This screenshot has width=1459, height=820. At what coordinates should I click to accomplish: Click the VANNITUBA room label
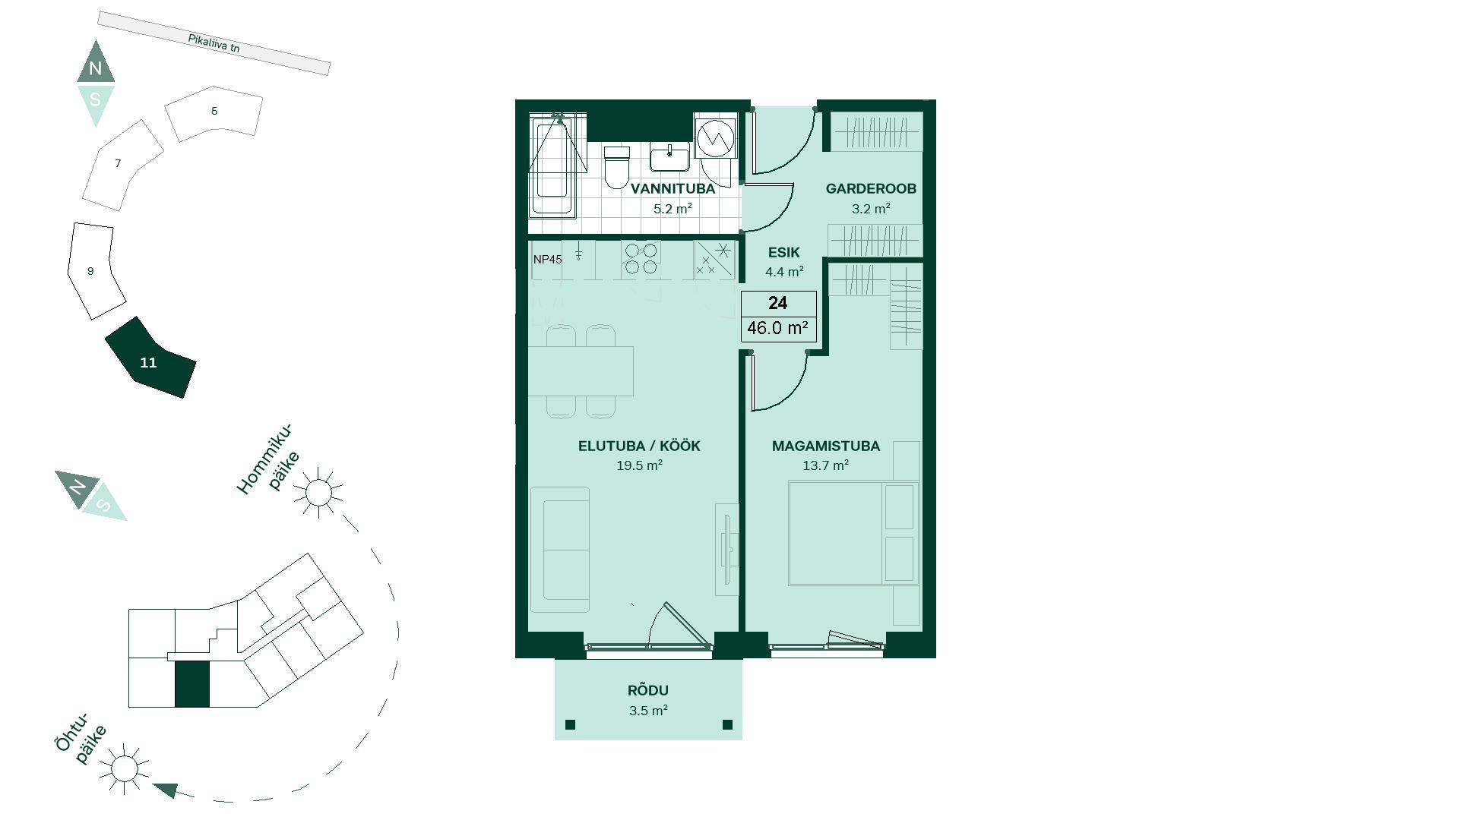673,188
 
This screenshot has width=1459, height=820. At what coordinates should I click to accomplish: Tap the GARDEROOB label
871,188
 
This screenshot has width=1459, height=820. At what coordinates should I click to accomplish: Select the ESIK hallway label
783,253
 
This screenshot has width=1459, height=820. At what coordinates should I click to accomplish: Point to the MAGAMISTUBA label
826,446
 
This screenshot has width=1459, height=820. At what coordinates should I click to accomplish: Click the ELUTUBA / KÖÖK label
639,446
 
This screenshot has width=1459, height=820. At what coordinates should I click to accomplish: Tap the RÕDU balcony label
648,690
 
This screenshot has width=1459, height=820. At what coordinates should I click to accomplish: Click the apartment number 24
777,304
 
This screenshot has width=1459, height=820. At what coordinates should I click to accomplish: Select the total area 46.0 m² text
777,328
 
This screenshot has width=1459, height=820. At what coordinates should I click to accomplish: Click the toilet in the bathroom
617,167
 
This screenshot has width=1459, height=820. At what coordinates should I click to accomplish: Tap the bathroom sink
669,158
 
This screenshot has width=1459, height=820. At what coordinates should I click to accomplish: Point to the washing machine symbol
714,137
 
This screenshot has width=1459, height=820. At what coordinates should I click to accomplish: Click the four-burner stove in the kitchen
641,258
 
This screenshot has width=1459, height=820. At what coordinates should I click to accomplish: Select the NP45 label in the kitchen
547,260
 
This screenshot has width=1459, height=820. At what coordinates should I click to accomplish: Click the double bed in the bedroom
853,533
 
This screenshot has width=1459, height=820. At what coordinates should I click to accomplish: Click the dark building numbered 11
150,358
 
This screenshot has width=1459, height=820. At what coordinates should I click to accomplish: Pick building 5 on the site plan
214,113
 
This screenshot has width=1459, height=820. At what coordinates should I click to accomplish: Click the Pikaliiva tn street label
214,44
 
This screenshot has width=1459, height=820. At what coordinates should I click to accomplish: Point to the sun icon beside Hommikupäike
318,493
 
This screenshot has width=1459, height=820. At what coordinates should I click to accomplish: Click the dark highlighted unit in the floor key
192,684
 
